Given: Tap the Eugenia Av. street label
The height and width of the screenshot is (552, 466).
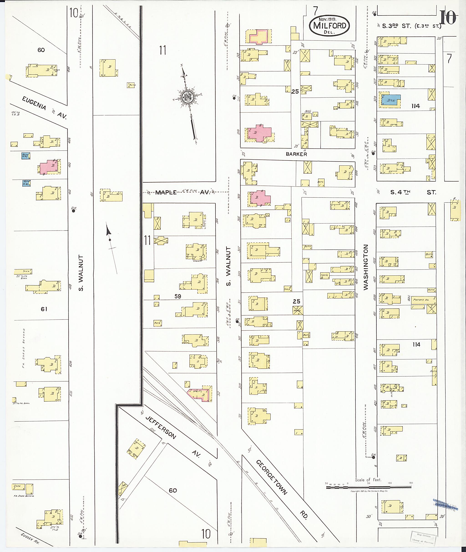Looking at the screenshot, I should [44, 108].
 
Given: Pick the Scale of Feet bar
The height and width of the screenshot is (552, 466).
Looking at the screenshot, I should [369, 487].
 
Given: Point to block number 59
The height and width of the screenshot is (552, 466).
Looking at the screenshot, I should [178, 296].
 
